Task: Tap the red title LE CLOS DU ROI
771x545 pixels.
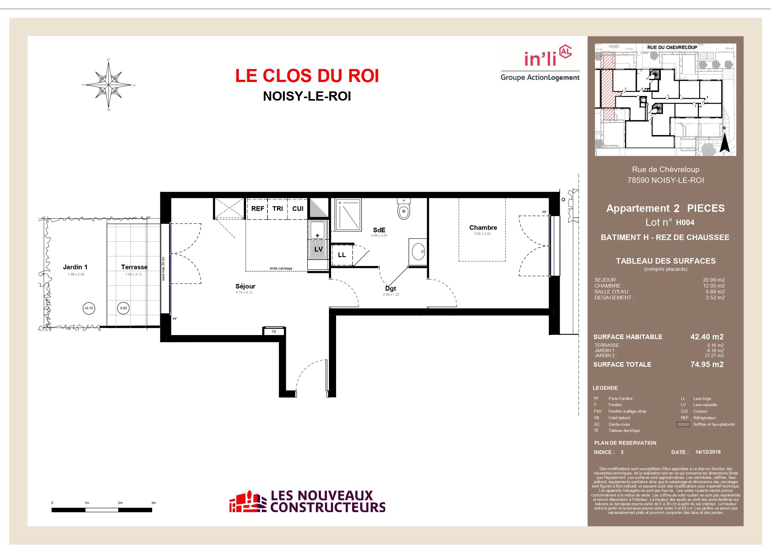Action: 307,75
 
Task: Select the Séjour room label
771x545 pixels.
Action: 245,286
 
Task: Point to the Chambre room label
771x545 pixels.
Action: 483,227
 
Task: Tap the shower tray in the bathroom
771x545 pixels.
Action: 348,215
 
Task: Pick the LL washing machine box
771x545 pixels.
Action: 342,255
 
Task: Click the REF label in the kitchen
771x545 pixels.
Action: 258,209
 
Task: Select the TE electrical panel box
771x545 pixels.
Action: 274,331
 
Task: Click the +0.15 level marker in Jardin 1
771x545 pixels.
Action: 89,308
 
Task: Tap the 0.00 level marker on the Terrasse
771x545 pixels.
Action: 124,308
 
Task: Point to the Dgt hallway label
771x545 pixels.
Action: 390,288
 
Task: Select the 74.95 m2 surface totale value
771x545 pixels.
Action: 707,364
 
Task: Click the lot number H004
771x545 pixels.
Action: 685,222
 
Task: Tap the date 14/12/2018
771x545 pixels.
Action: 708,452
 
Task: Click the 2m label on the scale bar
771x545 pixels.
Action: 120,503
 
